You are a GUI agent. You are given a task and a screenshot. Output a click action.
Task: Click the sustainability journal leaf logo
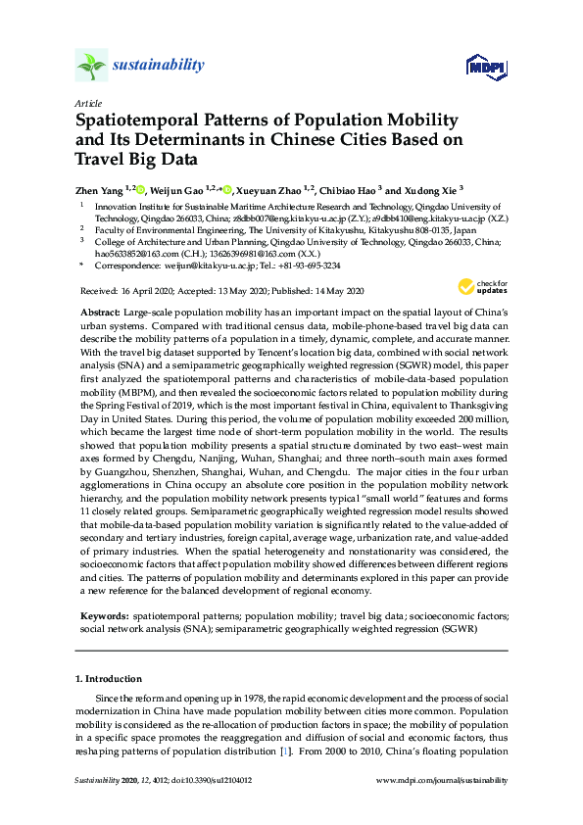pyautogui.click(x=91, y=67)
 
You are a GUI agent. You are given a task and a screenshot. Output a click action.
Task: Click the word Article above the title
pyautogui.click(x=87, y=102)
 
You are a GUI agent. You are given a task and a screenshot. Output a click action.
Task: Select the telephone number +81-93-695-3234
pyautogui.click(x=312, y=265)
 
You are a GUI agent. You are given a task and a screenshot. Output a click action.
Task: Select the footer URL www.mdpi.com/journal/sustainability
pyautogui.click(x=442, y=780)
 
